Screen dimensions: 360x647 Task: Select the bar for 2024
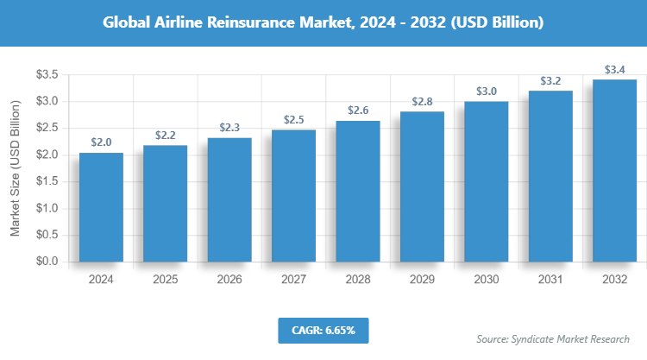click(x=101, y=207)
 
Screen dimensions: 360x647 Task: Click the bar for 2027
click(x=293, y=195)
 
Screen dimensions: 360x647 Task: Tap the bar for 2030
click(x=487, y=181)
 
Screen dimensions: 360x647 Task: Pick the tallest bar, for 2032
click(x=615, y=170)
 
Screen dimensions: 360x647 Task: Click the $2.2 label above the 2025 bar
click(x=166, y=136)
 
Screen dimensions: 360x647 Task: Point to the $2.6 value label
click(x=358, y=111)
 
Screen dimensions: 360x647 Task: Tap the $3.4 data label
click(x=615, y=69)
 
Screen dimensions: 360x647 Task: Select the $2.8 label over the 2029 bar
click(x=422, y=102)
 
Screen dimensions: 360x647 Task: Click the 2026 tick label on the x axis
click(x=229, y=279)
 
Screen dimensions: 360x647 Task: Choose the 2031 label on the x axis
click(x=550, y=279)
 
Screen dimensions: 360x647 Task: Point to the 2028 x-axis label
click(x=358, y=279)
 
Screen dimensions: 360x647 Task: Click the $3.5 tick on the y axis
click(x=47, y=75)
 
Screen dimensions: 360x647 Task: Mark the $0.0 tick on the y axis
click(x=47, y=262)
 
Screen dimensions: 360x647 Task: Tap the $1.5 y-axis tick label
click(x=47, y=182)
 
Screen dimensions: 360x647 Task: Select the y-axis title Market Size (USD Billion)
click(x=15, y=168)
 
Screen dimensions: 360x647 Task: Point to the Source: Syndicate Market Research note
click(x=553, y=338)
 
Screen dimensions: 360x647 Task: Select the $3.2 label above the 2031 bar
click(x=550, y=81)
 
